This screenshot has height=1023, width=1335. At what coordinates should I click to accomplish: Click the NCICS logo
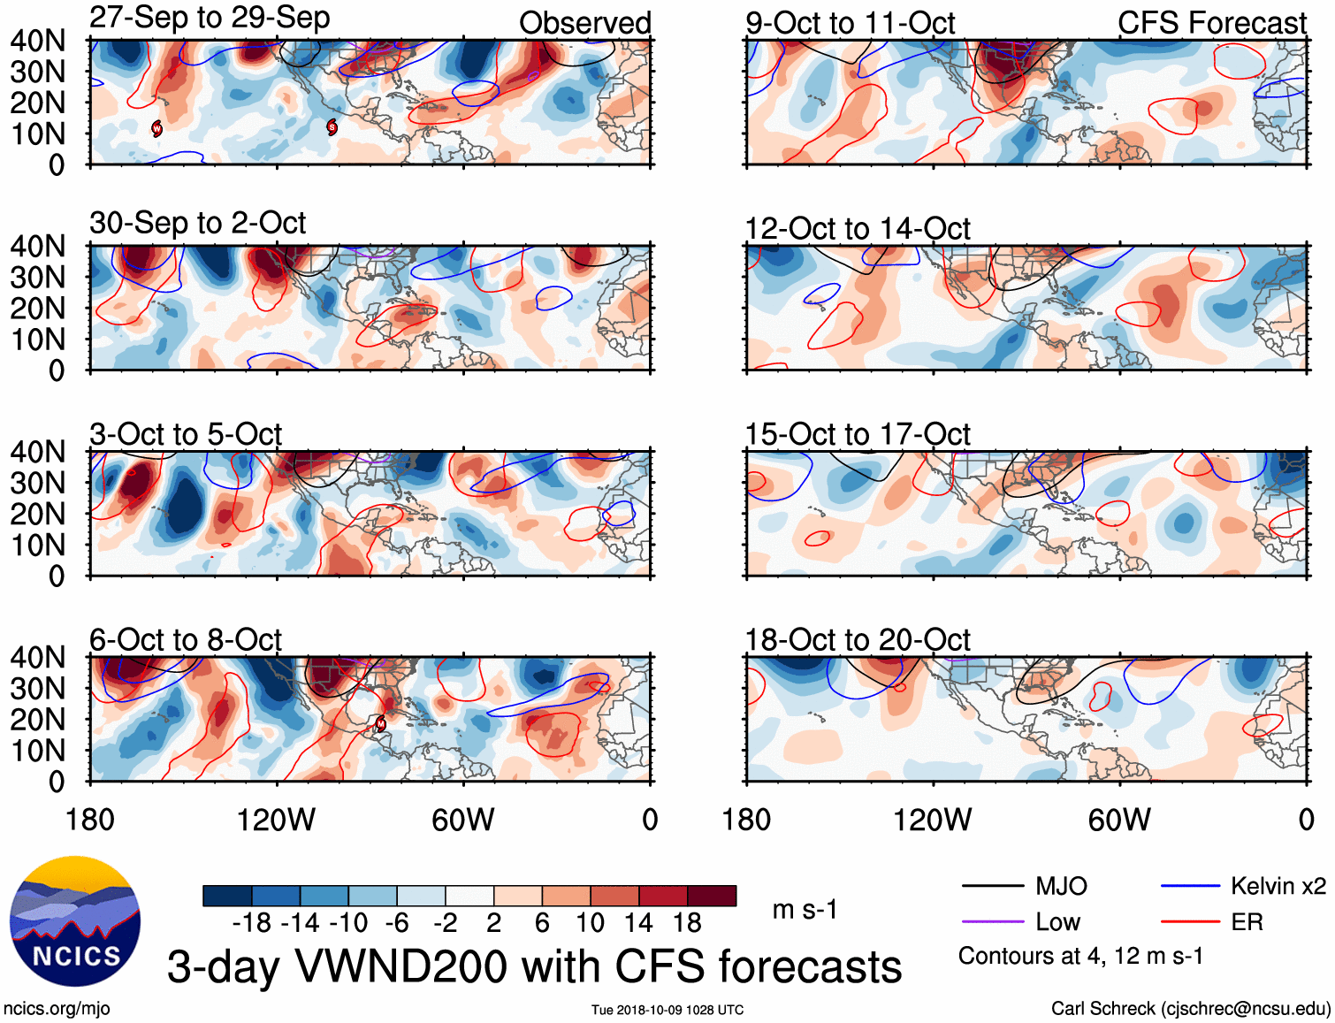[x=75, y=921]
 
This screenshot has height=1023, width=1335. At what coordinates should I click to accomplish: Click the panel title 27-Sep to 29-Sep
[x=210, y=18]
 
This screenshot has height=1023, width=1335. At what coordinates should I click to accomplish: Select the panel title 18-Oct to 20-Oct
[x=858, y=639]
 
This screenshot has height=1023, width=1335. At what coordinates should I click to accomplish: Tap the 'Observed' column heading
[x=584, y=23]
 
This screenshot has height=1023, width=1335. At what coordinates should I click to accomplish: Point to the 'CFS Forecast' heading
[x=1211, y=23]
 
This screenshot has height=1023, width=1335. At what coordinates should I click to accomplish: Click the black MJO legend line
[x=992, y=886]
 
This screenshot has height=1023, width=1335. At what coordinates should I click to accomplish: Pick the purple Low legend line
[x=992, y=922]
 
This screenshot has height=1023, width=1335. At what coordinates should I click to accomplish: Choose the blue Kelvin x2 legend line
[x=1190, y=886]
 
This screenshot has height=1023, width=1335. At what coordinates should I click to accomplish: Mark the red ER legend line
[x=1190, y=922]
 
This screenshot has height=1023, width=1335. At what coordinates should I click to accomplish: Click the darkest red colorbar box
[x=712, y=896]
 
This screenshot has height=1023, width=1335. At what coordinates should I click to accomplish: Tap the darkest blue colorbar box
[x=227, y=896]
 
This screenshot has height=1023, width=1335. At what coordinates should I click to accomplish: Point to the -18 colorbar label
[x=252, y=923]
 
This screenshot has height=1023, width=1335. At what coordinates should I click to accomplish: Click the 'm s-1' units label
[x=805, y=910]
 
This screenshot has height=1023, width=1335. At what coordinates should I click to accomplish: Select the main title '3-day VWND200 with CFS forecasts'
[x=534, y=966]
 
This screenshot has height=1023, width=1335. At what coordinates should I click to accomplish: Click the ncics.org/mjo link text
[x=57, y=1009]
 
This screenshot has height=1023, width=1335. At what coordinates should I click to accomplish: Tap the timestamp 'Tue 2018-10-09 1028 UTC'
[x=667, y=1010]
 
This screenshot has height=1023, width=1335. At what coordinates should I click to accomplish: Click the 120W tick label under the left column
[x=276, y=820]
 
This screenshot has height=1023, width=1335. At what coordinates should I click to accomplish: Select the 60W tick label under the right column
[x=1119, y=820]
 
